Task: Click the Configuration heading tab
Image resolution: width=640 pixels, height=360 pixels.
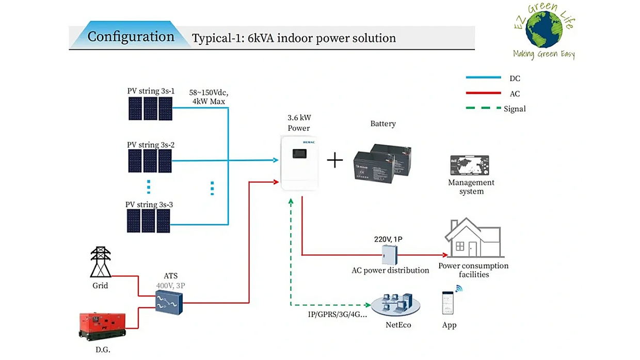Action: (x=131, y=37)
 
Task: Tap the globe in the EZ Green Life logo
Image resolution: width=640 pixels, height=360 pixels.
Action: (x=543, y=29)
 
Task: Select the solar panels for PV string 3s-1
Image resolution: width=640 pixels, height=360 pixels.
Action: (x=151, y=108)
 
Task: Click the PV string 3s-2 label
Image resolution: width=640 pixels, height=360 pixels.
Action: (x=151, y=145)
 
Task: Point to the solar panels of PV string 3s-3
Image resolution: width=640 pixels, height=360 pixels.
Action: (x=149, y=221)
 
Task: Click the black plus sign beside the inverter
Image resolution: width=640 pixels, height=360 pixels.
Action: (x=335, y=161)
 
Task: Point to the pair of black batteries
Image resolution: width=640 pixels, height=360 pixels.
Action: (x=382, y=162)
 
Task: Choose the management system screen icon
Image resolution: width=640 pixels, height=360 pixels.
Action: (x=470, y=166)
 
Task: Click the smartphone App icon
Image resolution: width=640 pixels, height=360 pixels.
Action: (x=448, y=303)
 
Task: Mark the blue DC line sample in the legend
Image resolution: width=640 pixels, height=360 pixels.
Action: (x=483, y=77)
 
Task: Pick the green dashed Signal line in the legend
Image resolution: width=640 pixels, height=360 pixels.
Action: (x=483, y=108)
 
